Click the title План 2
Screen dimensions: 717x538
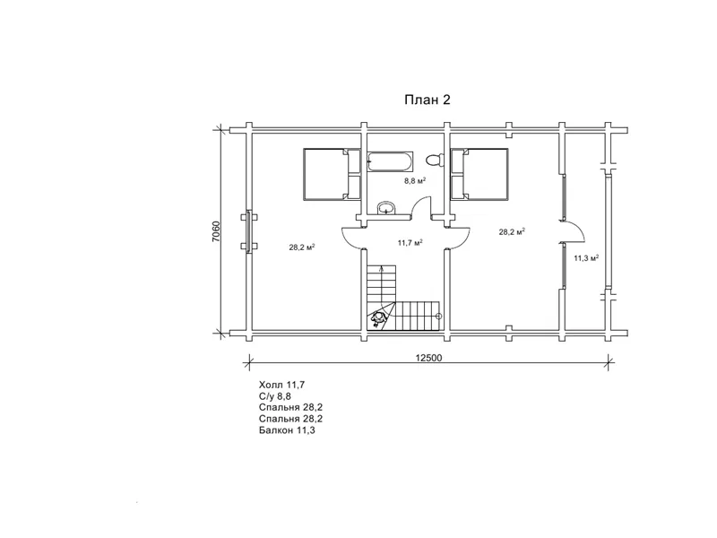tap(428, 100)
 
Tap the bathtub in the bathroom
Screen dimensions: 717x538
tap(391, 161)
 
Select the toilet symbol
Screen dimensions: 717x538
tap(435, 161)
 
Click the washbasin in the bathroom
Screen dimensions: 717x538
tap(387, 208)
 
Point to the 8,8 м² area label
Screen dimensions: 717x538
tap(415, 181)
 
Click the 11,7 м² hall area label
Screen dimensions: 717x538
tap(410, 242)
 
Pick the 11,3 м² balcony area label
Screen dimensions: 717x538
tap(587, 258)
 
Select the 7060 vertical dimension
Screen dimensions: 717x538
tap(216, 232)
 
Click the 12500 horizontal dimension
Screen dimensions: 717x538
tap(429, 358)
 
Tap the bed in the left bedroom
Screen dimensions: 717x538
tap(332, 174)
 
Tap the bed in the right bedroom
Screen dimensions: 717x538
tap(479, 174)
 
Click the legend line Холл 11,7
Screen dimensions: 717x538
tap(281, 385)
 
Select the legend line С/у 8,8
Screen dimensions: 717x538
tap(275, 396)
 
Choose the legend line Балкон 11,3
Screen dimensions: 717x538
tap(287, 430)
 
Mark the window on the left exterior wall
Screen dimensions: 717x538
tap(249, 231)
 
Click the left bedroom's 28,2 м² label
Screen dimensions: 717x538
tap(302, 247)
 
